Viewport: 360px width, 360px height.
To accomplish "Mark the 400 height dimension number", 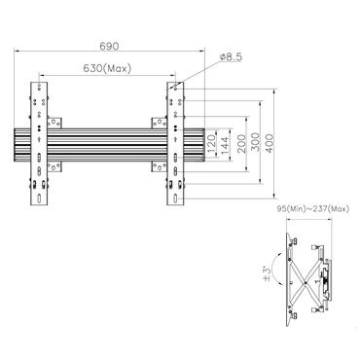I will pos(282,144).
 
